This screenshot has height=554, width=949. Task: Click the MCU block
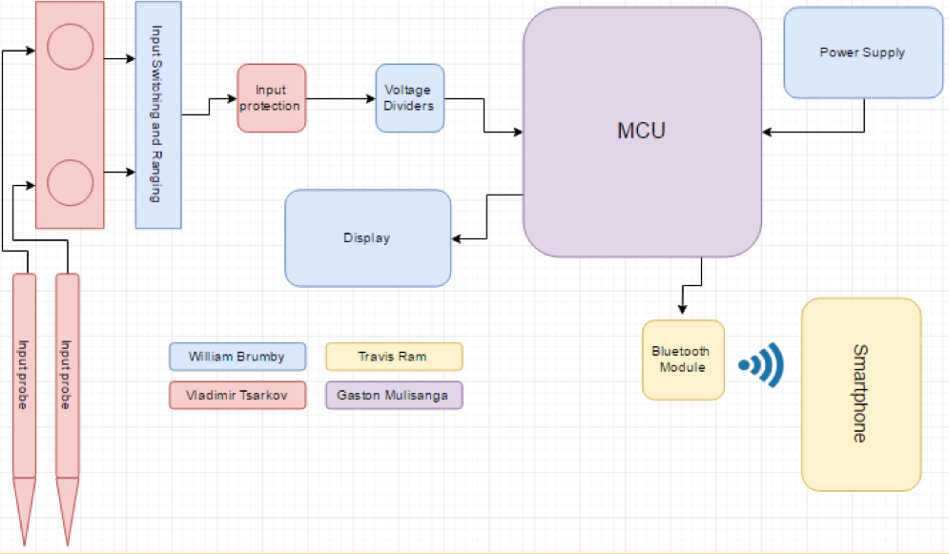641,132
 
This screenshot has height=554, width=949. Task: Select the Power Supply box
862,52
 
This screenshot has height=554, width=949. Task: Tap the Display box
367,237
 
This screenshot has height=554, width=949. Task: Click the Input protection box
271,98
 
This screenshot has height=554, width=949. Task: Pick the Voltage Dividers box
408,98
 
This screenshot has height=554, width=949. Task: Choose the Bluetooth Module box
682,359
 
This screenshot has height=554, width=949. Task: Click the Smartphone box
860,394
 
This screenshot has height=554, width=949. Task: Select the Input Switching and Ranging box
157,114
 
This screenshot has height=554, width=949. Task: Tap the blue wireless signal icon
763,364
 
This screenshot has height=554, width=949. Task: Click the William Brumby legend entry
237,357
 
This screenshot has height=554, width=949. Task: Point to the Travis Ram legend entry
393,357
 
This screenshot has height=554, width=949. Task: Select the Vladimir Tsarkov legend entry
237,395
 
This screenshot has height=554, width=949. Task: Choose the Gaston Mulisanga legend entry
393,395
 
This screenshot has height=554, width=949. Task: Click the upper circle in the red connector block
70,46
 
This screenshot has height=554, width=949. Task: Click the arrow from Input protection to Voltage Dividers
340,98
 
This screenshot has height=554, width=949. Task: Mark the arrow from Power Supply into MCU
811,132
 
